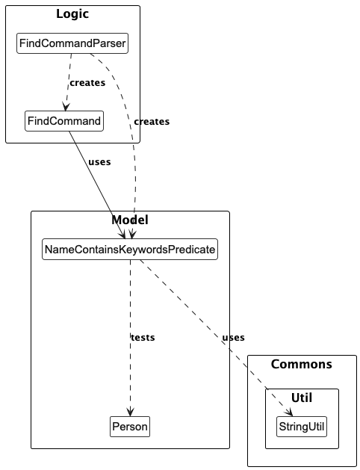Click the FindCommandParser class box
72,45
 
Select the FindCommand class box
63,120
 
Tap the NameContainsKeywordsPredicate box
130,249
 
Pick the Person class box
130,427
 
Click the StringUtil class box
302,427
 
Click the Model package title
130,220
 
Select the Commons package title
302,364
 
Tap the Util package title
302,398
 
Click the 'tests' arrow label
143,337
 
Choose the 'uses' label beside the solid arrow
99,161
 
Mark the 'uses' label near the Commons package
233,337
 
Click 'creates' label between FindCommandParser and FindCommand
87,82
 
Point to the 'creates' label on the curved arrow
152,121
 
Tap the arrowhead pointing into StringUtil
289,413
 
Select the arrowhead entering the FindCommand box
66,107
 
